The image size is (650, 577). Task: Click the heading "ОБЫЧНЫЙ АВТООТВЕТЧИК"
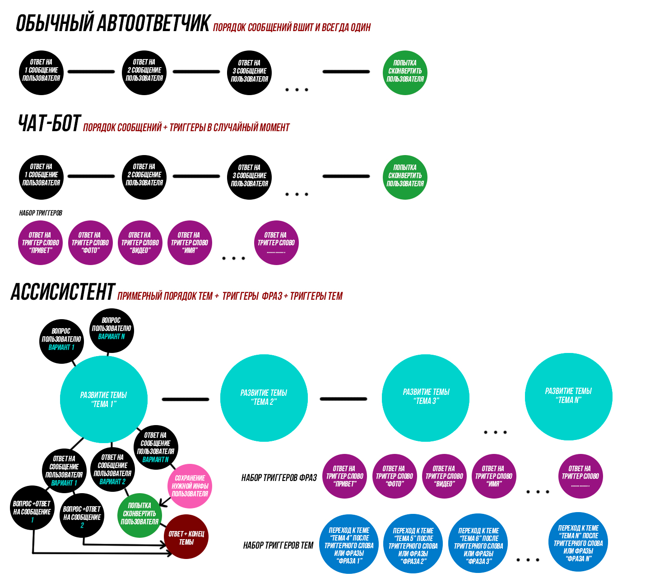click(113, 23)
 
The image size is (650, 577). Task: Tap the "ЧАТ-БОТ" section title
click(49, 124)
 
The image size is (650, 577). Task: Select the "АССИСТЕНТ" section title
click(63, 292)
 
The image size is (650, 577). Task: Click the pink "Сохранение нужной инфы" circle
click(190, 486)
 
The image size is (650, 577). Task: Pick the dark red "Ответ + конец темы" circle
click(186, 537)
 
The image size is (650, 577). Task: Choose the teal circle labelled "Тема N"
click(568, 396)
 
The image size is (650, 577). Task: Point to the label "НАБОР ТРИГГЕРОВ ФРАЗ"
click(279, 477)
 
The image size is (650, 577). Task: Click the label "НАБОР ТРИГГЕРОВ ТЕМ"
click(278, 545)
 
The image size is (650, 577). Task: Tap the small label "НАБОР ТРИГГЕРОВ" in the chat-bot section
click(41, 213)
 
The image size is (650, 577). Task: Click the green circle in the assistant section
click(139, 515)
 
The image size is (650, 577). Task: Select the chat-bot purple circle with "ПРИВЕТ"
click(41, 243)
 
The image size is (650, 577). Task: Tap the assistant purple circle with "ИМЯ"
click(494, 476)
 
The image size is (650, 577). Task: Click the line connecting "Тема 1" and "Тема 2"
click(185, 399)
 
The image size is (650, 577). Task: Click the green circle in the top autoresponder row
click(405, 72)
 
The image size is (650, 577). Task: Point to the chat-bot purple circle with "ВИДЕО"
click(140, 243)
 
